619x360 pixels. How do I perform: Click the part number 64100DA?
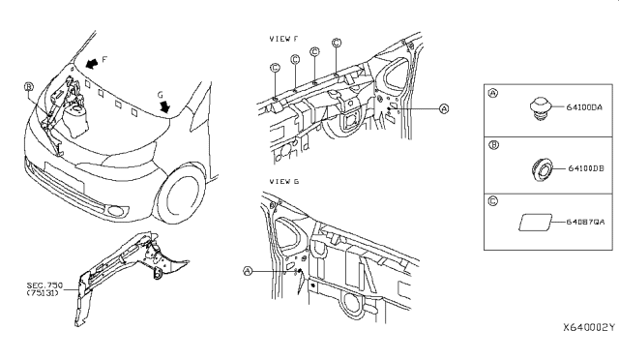pos(584,107)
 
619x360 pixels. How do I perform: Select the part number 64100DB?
pos(586,168)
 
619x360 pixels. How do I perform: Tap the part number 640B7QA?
pos(585,222)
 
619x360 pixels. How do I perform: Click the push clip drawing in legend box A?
pos(541,107)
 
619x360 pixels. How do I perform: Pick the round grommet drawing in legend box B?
pos(542,168)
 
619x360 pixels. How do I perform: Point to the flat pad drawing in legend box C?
pos(535,223)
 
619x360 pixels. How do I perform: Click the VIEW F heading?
pos(283,39)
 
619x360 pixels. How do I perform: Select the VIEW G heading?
pos(283,181)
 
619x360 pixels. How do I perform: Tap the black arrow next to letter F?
pos(92,63)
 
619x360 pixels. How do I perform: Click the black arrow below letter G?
pos(164,106)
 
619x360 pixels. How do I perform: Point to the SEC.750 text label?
pos(44,285)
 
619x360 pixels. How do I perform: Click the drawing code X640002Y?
pos(589,327)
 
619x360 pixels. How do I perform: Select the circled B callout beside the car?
pos(28,87)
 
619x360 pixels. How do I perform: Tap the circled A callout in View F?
pos(444,108)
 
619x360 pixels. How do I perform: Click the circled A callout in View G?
pos(248,271)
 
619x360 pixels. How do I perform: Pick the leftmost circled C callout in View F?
pos(275,68)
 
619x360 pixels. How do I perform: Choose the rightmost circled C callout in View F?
pos(337,43)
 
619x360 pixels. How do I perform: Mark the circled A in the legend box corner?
pos(493,93)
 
